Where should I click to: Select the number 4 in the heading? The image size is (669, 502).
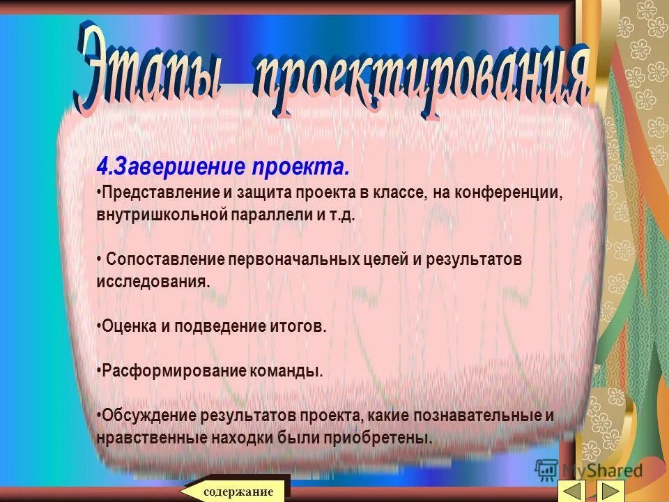(102, 167)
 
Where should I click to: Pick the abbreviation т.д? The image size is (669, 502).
(343, 214)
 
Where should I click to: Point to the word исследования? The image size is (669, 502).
(153, 282)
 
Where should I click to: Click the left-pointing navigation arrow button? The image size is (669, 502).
(572, 489)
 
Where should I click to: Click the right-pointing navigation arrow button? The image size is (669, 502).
(612, 489)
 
